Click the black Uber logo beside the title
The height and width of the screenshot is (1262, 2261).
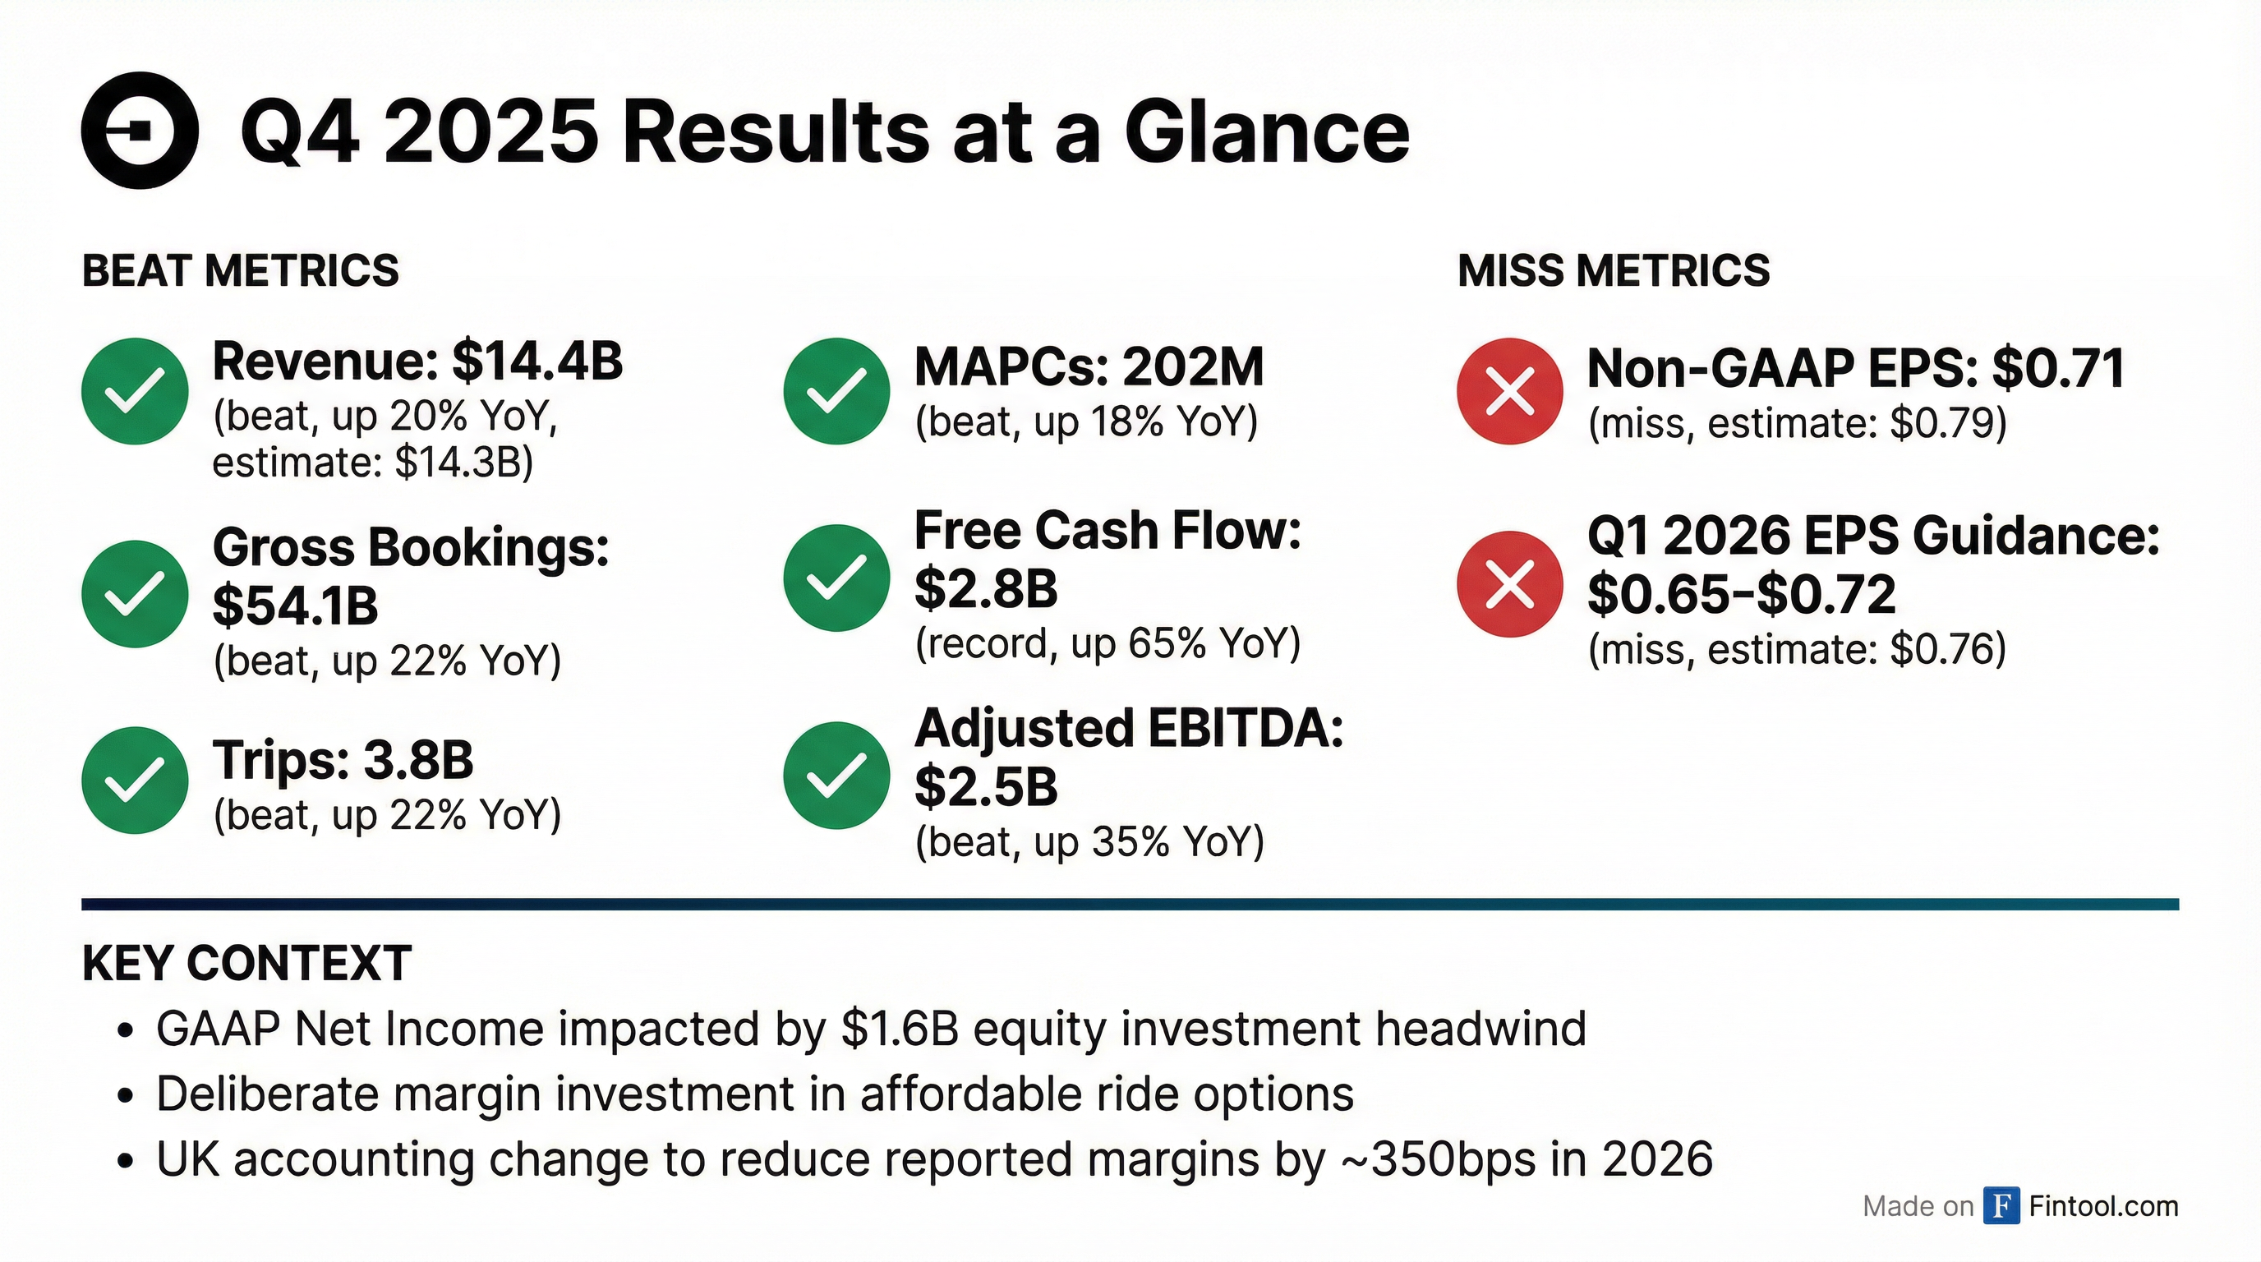tap(140, 131)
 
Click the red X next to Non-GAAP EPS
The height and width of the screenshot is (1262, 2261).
tap(1510, 390)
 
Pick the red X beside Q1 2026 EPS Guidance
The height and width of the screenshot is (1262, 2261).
tap(1510, 583)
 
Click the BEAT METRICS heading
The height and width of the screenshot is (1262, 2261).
tap(241, 270)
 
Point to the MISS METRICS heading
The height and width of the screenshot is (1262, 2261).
tap(1614, 270)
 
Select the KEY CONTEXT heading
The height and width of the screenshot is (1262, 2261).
tap(246, 963)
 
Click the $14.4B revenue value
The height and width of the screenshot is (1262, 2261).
tap(537, 362)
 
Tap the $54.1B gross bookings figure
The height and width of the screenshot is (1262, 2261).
tap(295, 606)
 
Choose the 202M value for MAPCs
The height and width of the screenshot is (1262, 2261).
tap(1193, 366)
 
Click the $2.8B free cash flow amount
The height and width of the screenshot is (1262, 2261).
tap(986, 588)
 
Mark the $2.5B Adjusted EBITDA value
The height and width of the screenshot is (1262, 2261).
tap(986, 786)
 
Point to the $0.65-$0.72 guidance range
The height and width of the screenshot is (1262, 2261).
tap(1742, 595)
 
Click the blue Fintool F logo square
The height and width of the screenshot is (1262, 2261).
tap(2001, 1206)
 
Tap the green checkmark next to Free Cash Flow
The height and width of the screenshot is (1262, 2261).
tap(836, 578)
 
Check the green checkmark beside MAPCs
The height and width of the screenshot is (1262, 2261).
tap(836, 390)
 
